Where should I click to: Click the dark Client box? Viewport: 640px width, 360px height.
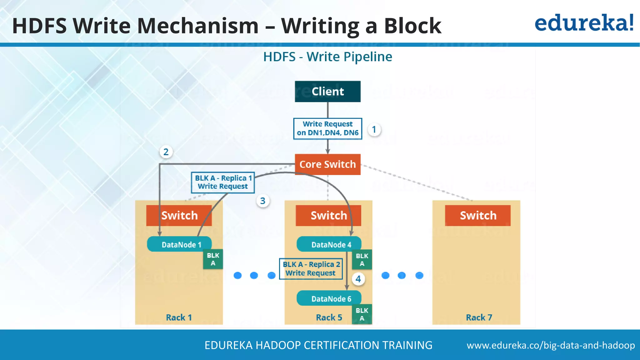(327, 92)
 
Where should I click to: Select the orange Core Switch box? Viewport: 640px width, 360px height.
(327, 164)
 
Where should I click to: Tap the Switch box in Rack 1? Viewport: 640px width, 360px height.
(179, 216)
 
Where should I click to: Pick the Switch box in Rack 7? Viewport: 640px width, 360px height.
(478, 216)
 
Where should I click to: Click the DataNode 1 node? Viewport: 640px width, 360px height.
(179, 244)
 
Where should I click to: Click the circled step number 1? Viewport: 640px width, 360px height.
(374, 129)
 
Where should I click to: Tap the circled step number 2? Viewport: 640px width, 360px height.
(166, 152)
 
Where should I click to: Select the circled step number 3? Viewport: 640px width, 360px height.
(263, 201)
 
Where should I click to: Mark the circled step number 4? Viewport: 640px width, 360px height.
(358, 279)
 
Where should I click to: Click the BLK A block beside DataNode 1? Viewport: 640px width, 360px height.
(213, 259)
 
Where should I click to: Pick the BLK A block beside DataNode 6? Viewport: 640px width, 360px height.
(362, 314)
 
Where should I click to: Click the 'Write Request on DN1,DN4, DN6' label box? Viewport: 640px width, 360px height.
(327, 128)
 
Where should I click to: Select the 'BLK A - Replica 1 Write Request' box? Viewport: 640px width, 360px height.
(223, 182)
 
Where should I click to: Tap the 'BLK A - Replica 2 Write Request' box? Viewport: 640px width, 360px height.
(311, 269)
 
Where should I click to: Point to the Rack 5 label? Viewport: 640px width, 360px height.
(329, 317)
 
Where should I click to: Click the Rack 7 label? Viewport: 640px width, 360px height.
(479, 317)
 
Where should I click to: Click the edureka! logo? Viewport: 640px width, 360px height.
(584, 23)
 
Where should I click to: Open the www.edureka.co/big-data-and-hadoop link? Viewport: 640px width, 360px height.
(551, 345)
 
